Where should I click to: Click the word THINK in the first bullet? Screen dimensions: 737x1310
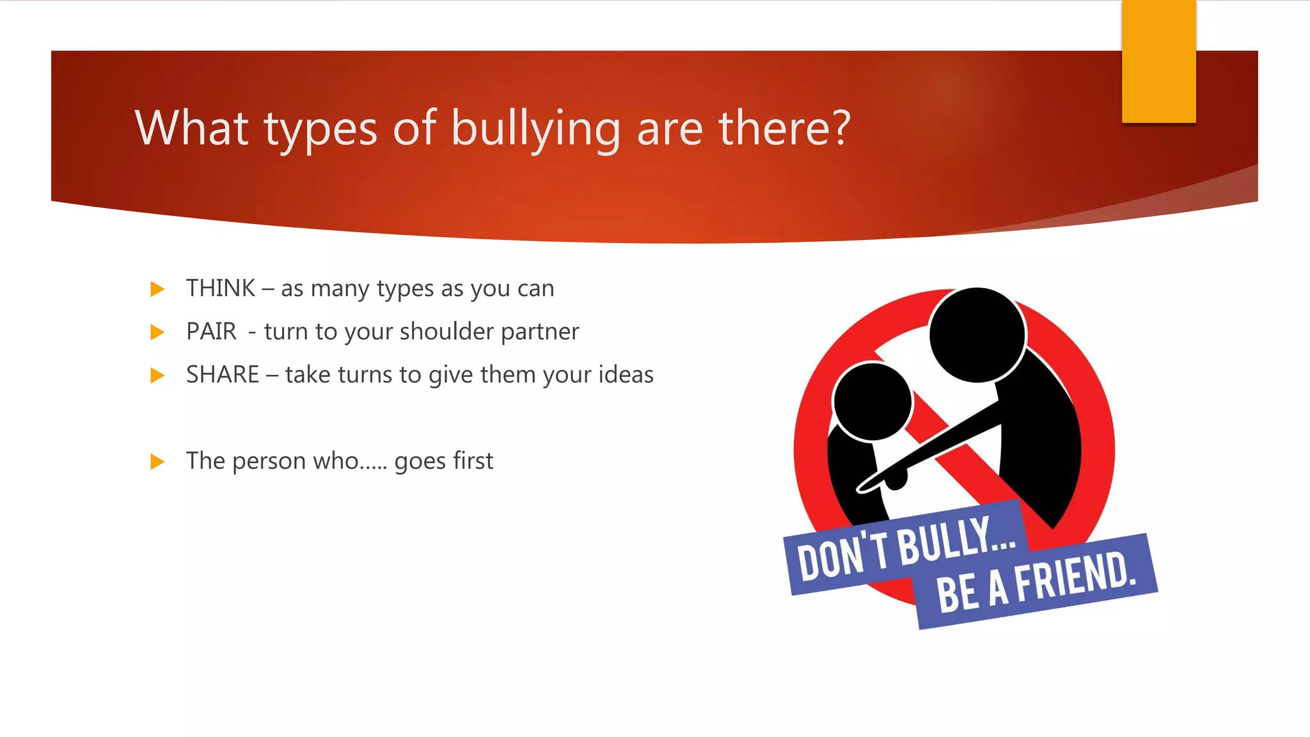click(x=221, y=289)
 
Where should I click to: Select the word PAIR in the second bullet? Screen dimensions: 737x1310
click(x=211, y=331)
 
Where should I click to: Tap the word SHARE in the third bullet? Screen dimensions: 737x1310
click(x=223, y=374)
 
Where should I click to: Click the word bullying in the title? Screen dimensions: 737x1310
click(x=536, y=129)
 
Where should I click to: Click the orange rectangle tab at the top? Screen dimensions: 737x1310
click(x=1158, y=61)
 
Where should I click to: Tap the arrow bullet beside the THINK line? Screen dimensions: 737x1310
click(x=157, y=289)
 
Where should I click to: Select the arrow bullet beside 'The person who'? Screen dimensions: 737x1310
click(x=157, y=461)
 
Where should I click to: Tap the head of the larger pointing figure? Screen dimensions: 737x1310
click(x=977, y=335)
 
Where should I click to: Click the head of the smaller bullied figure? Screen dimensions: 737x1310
click(x=872, y=402)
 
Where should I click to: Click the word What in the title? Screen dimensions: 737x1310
click(x=191, y=128)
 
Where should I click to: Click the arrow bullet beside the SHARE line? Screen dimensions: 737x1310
click(x=157, y=375)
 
